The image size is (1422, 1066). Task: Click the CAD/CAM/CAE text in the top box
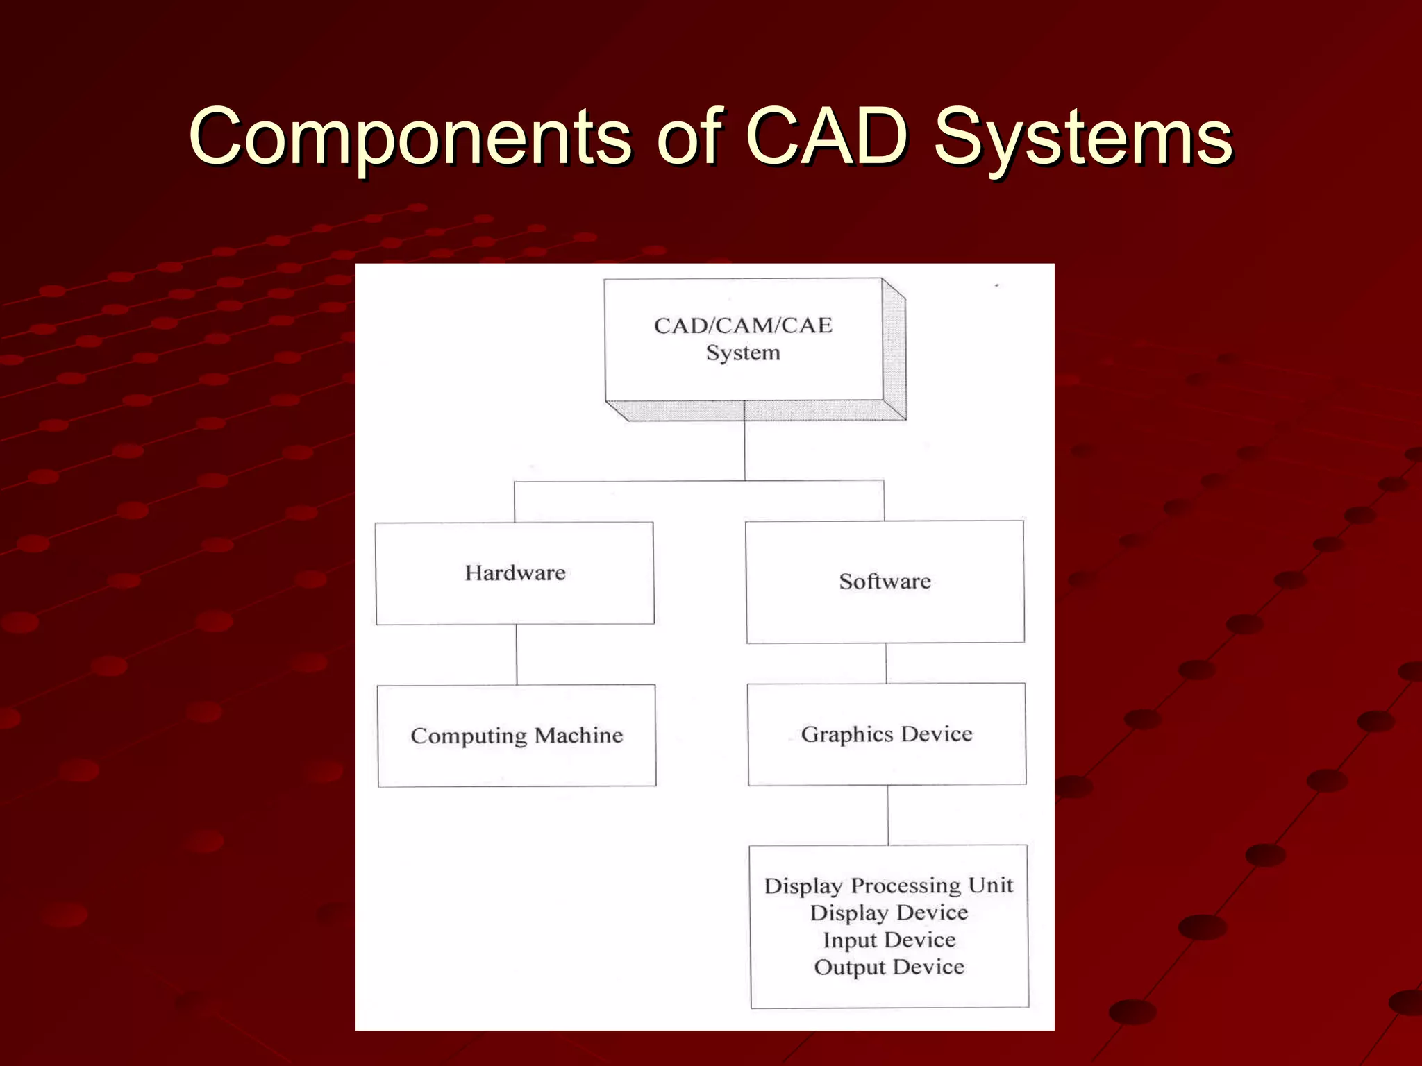(743, 325)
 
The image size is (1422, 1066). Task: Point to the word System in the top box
(743, 353)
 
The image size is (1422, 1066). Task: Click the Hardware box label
(515, 573)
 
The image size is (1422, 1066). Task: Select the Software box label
(885, 582)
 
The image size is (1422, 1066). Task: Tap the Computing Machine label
(517, 736)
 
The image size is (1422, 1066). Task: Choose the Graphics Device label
(887, 734)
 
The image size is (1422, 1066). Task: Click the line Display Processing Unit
(889, 886)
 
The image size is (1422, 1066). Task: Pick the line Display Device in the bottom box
(889, 913)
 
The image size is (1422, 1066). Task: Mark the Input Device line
(889, 940)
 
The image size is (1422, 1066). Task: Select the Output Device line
(889, 967)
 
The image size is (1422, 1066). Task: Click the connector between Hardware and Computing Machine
(517, 654)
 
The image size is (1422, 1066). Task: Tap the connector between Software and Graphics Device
(886, 663)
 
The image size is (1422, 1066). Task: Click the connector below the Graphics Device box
(888, 815)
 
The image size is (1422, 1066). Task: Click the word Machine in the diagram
(578, 735)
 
